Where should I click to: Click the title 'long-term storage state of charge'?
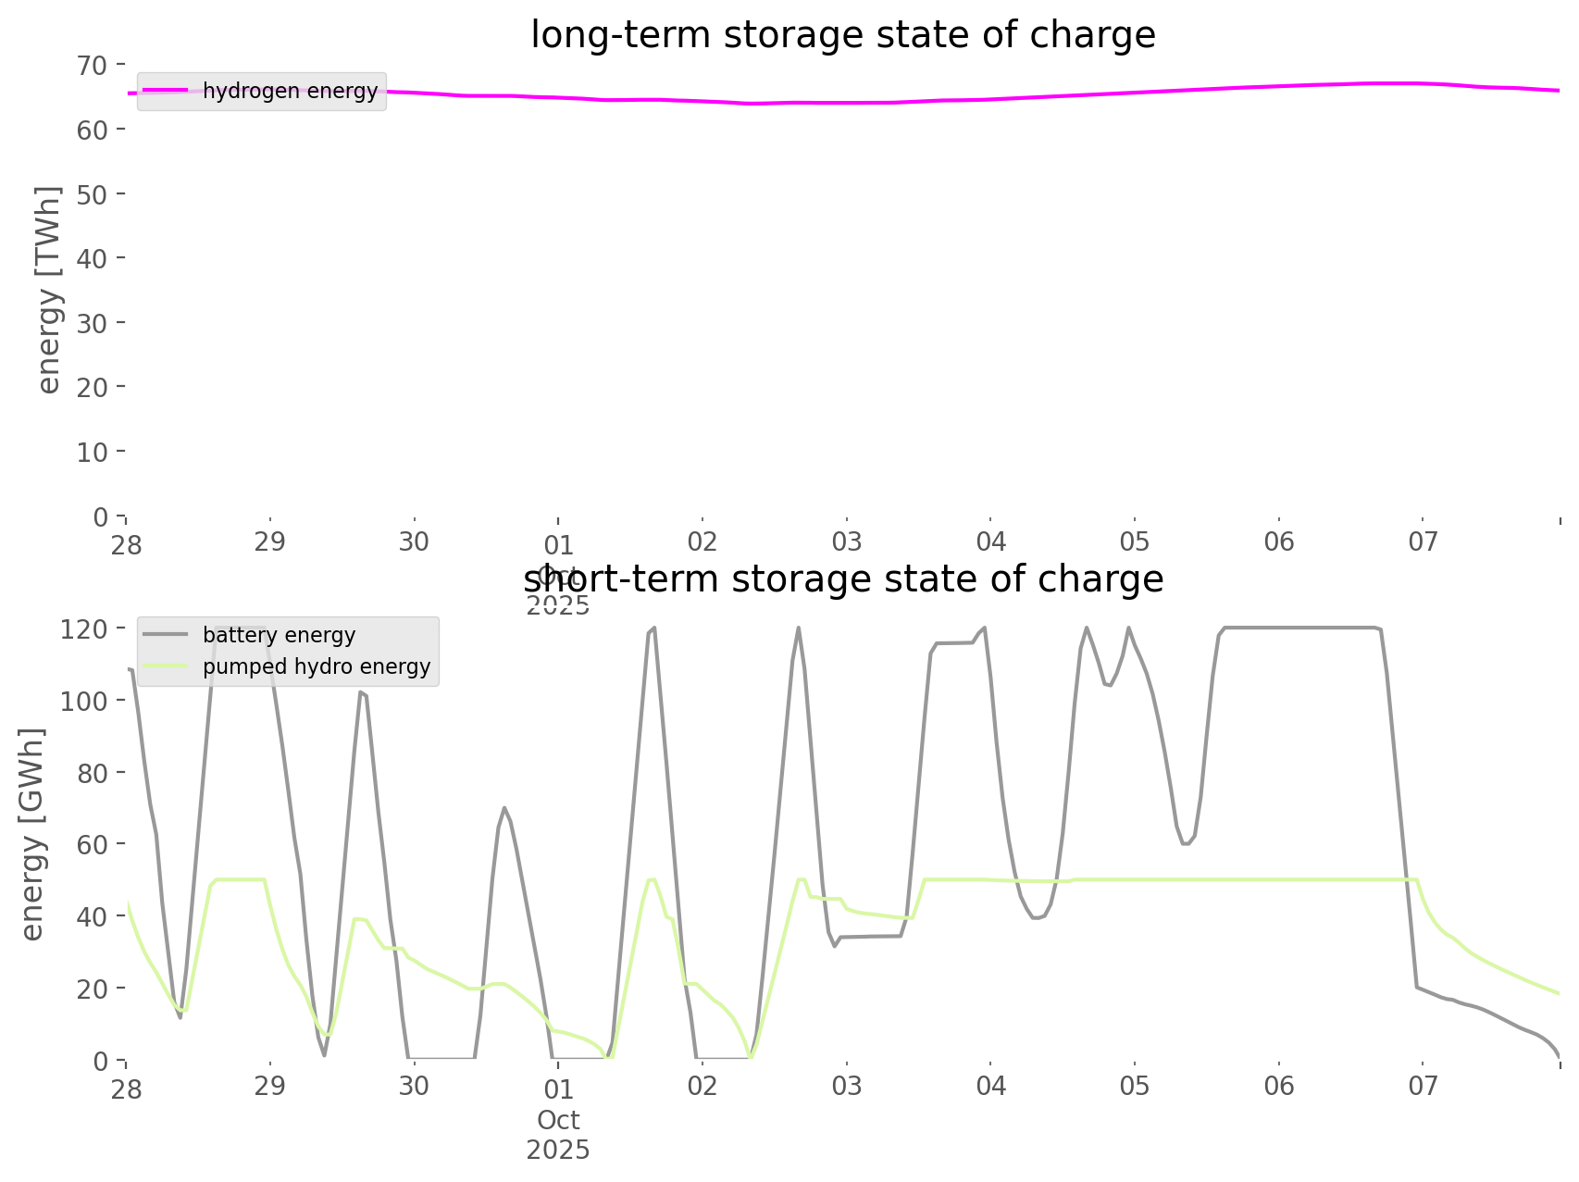pos(842,35)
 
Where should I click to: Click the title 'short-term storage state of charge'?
pos(842,579)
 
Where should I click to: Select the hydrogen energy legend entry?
pos(290,91)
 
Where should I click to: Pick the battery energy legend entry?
pos(279,635)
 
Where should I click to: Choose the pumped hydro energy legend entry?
pos(316,666)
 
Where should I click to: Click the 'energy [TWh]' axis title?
pos(49,290)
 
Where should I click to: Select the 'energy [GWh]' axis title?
pos(32,834)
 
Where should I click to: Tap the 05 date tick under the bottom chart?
pos(1134,1086)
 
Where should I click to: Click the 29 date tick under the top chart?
pos(270,541)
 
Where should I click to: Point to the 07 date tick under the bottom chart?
pos(1423,1086)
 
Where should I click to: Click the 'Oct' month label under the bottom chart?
pos(558,1120)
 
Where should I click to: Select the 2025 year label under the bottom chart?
pos(558,1150)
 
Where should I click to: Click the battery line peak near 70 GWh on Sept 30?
pos(504,807)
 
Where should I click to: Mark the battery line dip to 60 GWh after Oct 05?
pos(1186,843)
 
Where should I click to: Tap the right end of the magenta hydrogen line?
pos(1559,91)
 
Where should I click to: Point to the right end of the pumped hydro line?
pos(1559,993)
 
